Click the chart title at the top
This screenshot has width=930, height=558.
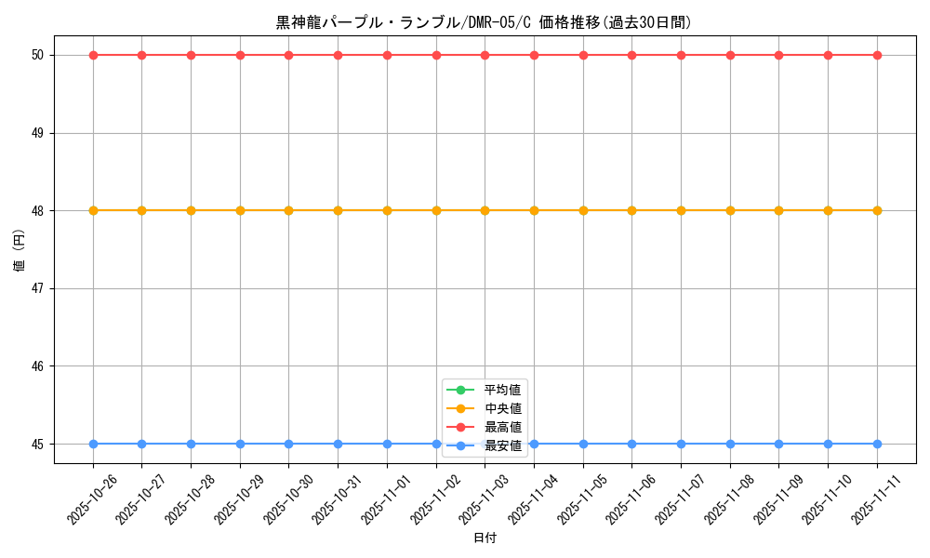coord(484,22)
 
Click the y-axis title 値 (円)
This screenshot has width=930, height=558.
coord(20,249)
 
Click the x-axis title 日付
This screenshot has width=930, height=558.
coord(484,538)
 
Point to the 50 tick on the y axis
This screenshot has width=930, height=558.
coord(38,55)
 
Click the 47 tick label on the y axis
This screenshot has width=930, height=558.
coord(38,288)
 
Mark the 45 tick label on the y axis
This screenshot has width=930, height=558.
coord(38,444)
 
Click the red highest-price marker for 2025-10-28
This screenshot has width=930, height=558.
coord(191,55)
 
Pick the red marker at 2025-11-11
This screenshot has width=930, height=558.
coord(877,55)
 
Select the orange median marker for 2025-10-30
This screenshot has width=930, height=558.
coord(288,210)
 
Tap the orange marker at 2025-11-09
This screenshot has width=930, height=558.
coord(778,210)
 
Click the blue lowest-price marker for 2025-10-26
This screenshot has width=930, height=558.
coord(93,444)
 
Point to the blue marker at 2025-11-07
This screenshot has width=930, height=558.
coord(681,444)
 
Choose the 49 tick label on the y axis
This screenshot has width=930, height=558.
coord(38,133)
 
